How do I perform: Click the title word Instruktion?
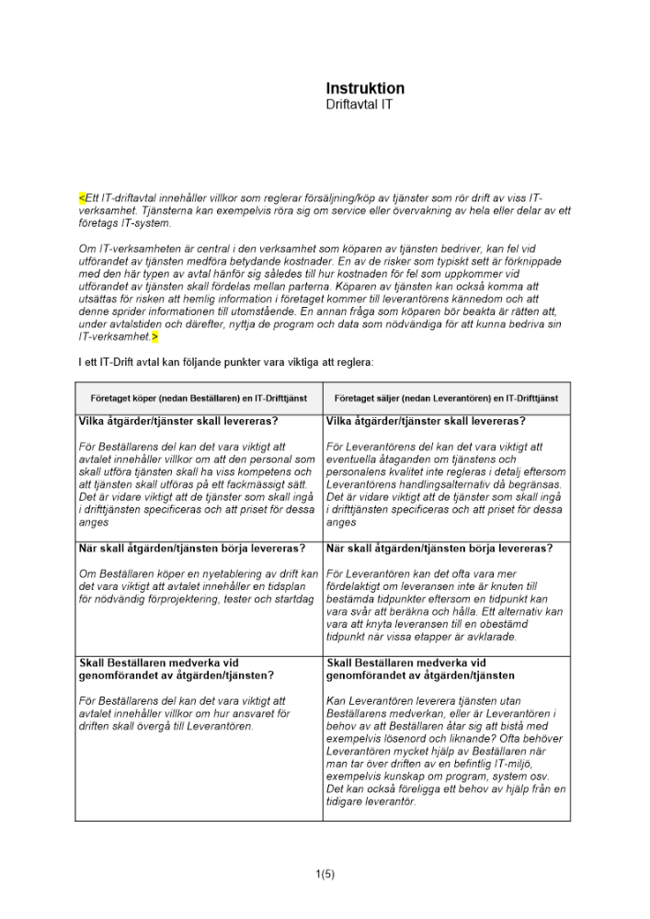[x=365, y=89]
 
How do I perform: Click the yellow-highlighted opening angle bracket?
[x=82, y=198]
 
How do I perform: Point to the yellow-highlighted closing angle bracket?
[x=155, y=338]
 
